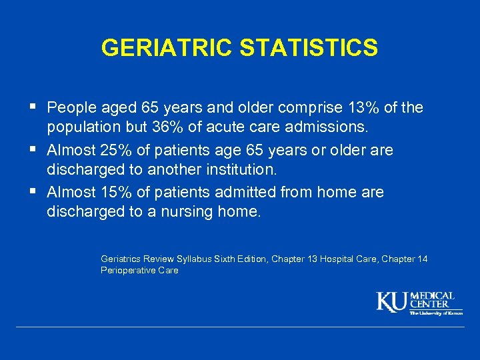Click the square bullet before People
pyautogui.click(x=34, y=107)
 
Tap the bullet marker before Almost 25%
pyautogui.click(x=34, y=149)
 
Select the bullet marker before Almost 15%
pyautogui.click(x=34, y=192)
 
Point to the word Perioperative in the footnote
pyautogui.click(x=127, y=271)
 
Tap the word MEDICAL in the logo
pyautogui.click(x=433, y=295)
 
